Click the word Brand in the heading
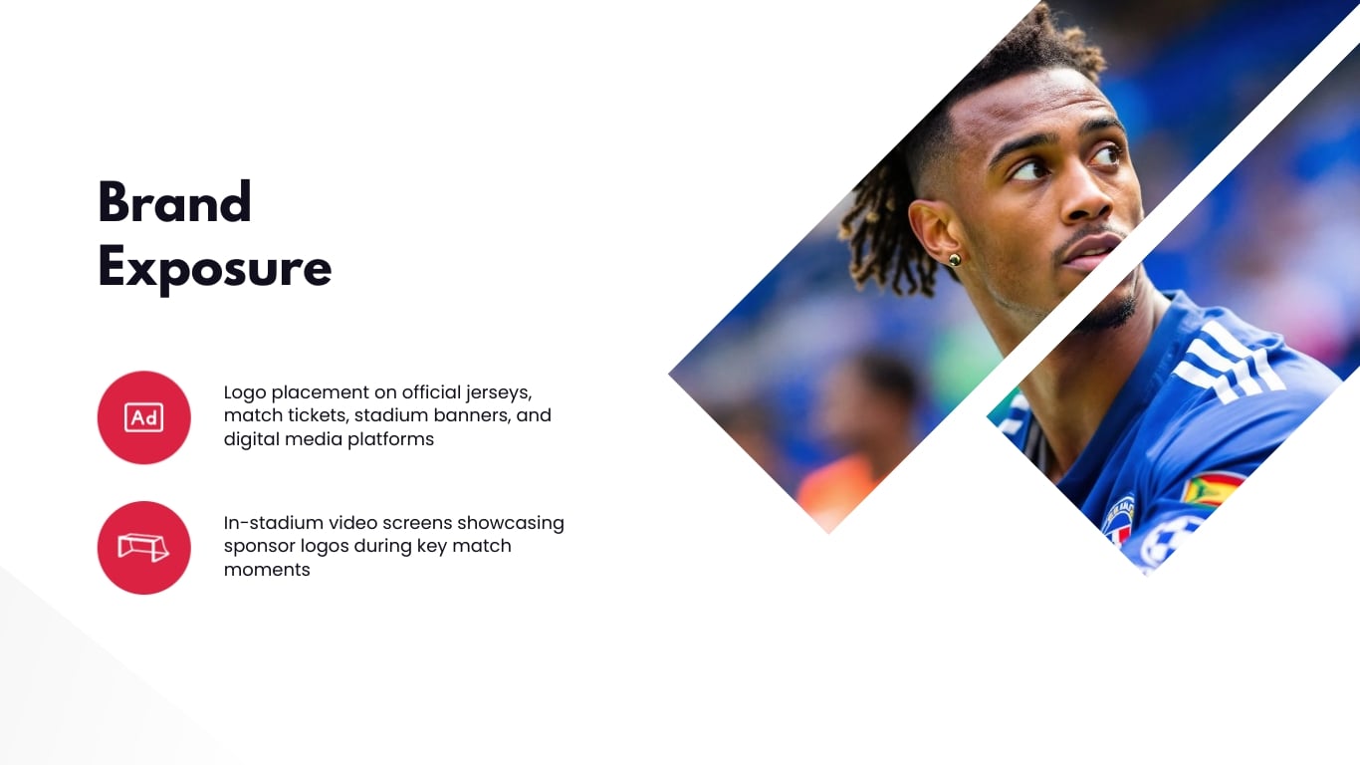click(x=174, y=202)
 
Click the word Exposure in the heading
click(x=214, y=268)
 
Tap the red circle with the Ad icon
click(x=143, y=417)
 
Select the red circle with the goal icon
click(x=143, y=547)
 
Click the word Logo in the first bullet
click(x=245, y=392)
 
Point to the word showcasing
click(x=511, y=523)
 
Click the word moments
click(x=267, y=570)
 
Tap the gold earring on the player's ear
click(x=954, y=260)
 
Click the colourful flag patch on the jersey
click(x=1210, y=489)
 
